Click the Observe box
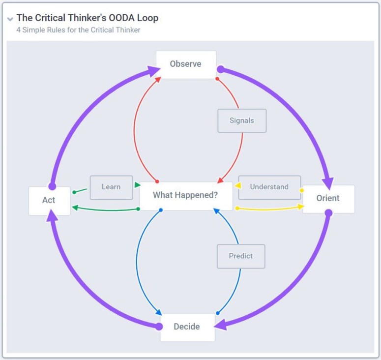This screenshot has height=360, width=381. click(186, 64)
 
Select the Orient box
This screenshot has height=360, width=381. click(328, 199)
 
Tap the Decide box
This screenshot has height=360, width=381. click(187, 327)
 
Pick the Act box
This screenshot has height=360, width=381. click(49, 201)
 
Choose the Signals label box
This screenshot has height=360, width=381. click(242, 120)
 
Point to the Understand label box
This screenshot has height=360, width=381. click(269, 187)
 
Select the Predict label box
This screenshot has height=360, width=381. click(241, 256)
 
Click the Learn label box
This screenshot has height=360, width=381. click(111, 187)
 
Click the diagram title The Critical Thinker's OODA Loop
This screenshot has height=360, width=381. click(88, 18)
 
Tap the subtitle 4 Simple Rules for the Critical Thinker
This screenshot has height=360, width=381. click(79, 30)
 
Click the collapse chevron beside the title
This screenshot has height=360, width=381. click(10, 19)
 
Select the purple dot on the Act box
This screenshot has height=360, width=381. click(52, 187)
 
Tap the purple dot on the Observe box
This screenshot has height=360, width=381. click(221, 69)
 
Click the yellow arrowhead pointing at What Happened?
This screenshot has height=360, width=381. click(237, 186)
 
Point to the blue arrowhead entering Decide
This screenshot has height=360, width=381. click(158, 312)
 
